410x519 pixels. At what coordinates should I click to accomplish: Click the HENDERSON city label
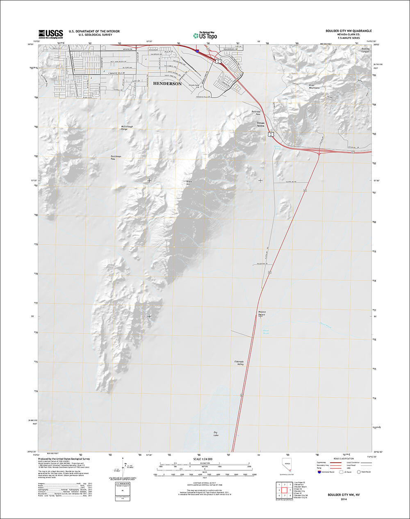pyautogui.click(x=167, y=83)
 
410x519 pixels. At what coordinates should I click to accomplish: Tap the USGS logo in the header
pyautogui.click(x=51, y=34)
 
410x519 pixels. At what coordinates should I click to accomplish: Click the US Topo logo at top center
pyautogui.click(x=205, y=36)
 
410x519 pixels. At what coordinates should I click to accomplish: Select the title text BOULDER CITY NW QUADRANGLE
pyautogui.click(x=348, y=31)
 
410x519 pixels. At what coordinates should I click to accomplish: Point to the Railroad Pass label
pyautogui.click(x=256, y=112)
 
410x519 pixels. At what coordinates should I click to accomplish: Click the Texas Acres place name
pyautogui.click(x=261, y=124)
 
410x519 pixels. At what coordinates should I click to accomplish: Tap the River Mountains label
pyautogui.click(x=314, y=87)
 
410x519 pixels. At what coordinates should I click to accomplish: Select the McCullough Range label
pyautogui.click(x=127, y=127)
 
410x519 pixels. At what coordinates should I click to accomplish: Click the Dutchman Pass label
pyautogui.click(x=116, y=158)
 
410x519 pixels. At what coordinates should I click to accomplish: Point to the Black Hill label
pyautogui.click(x=189, y=183)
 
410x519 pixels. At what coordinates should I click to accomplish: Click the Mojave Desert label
pyautogui.click(x=262, y=313)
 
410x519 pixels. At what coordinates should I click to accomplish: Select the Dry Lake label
pyautogui.click(x=216, y=434)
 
